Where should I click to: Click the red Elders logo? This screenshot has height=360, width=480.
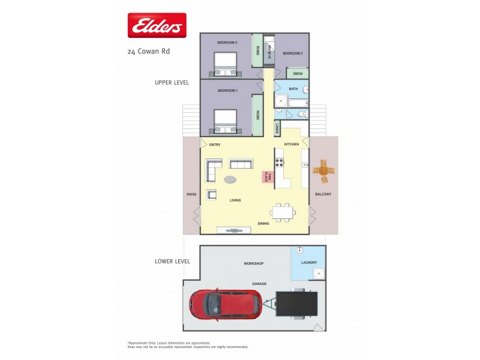157,26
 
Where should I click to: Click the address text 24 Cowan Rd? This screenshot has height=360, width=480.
148,52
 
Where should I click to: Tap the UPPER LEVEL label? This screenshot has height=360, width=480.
172,83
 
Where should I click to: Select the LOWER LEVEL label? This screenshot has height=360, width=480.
172,261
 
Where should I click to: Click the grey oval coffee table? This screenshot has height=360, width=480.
231,179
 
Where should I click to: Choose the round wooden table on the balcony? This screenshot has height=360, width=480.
324,171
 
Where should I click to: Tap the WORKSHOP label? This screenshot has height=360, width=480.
253,263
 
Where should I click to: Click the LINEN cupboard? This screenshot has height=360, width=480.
277,128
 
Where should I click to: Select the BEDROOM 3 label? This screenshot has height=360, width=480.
293,53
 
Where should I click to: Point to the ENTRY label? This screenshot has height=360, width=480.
215,145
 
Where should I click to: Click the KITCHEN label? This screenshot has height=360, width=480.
292,145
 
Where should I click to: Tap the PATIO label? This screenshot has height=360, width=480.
191,194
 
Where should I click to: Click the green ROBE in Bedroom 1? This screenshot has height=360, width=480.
257,115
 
